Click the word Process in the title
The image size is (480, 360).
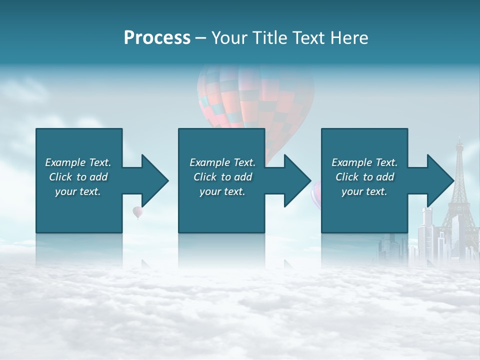pyautogui.click(x=157, y=38)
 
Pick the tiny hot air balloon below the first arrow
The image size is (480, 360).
pyautogui.click(x=137, y=212)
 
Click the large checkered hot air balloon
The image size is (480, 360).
pyautogui.click(x=256, y=100)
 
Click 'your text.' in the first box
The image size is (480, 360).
pyautogui.click(x=78, y=191)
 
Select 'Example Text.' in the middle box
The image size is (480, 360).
pyautogui.click(x=222, y=162)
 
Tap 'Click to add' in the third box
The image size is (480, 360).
pyautogui.click(x=364, y=177)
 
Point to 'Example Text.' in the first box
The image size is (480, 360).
pyautogui.click(x=78, y=162)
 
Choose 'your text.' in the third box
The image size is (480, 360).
pyautogui.click(x=364, y=191)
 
